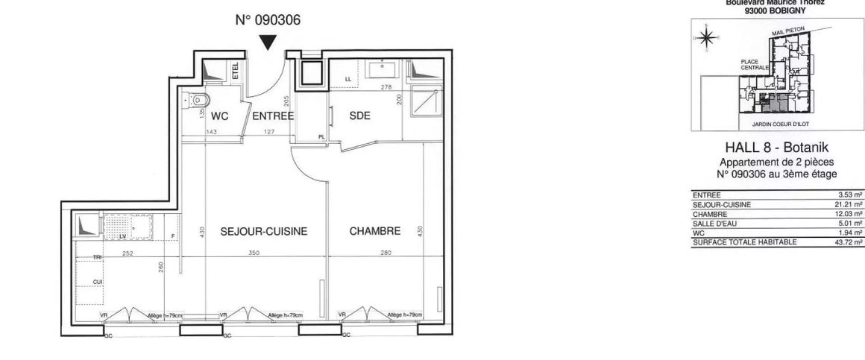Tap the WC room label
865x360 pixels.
[219, 116]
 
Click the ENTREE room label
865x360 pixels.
[273, 116]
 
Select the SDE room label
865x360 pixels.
[361, 116]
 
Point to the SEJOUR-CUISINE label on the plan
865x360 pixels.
[264, 232]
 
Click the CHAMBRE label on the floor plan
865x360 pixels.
[375, 232]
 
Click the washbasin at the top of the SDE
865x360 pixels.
[386, 72]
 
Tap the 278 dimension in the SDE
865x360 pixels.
[386, 88]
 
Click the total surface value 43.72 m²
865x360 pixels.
[851, 242]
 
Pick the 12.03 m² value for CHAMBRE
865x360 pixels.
[851, 213]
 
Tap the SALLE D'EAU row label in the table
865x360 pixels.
[714, 223]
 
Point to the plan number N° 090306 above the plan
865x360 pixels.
[268, 21]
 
